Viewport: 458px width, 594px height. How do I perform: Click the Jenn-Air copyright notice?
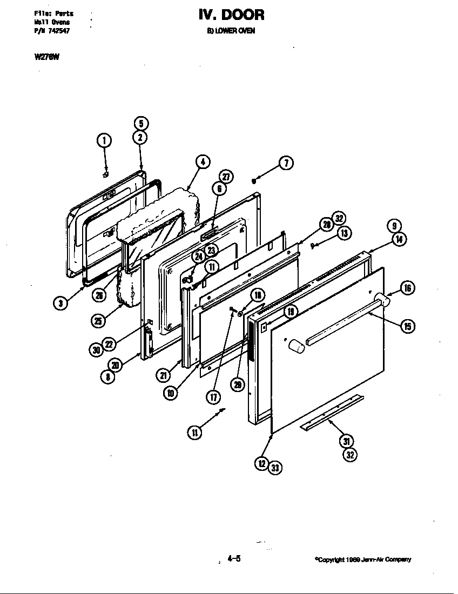363,559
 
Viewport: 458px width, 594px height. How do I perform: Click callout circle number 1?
104,140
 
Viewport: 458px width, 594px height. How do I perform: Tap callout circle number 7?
286,163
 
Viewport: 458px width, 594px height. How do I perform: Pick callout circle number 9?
394,226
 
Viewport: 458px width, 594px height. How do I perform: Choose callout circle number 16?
408,288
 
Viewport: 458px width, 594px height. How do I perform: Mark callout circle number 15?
408,326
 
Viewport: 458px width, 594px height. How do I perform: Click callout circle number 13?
344,233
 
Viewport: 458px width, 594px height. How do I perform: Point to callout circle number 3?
60,303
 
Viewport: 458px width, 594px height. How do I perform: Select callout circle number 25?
99,320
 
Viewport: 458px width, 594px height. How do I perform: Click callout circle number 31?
346,441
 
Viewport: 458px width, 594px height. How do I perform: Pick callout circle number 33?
275,468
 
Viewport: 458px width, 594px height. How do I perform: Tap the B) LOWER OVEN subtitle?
231,31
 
